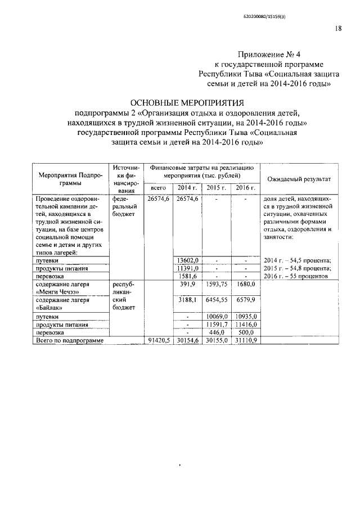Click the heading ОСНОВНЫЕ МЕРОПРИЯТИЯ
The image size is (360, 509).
coord(187,103)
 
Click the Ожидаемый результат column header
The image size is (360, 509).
coord(298,179)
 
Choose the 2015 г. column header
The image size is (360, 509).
coord(216,187)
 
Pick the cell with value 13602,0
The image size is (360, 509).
coord(187,260)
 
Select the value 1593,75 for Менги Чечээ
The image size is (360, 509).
coord(216,285)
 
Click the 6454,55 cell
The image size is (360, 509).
coord(216,301)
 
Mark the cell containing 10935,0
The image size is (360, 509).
coord(245,317)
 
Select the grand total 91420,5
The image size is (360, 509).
coord(157,341)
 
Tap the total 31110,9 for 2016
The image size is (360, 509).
coord(245,341)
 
